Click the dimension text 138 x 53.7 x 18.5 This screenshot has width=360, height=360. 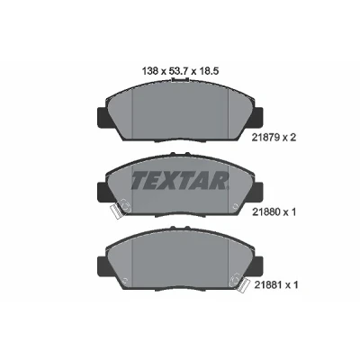click(179, 71)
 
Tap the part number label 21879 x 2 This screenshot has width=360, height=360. click(273, 138)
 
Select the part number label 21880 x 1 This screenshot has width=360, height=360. click(273, 212)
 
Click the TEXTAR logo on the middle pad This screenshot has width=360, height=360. click(179, 181)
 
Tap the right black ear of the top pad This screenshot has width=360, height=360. click(258, 116)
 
